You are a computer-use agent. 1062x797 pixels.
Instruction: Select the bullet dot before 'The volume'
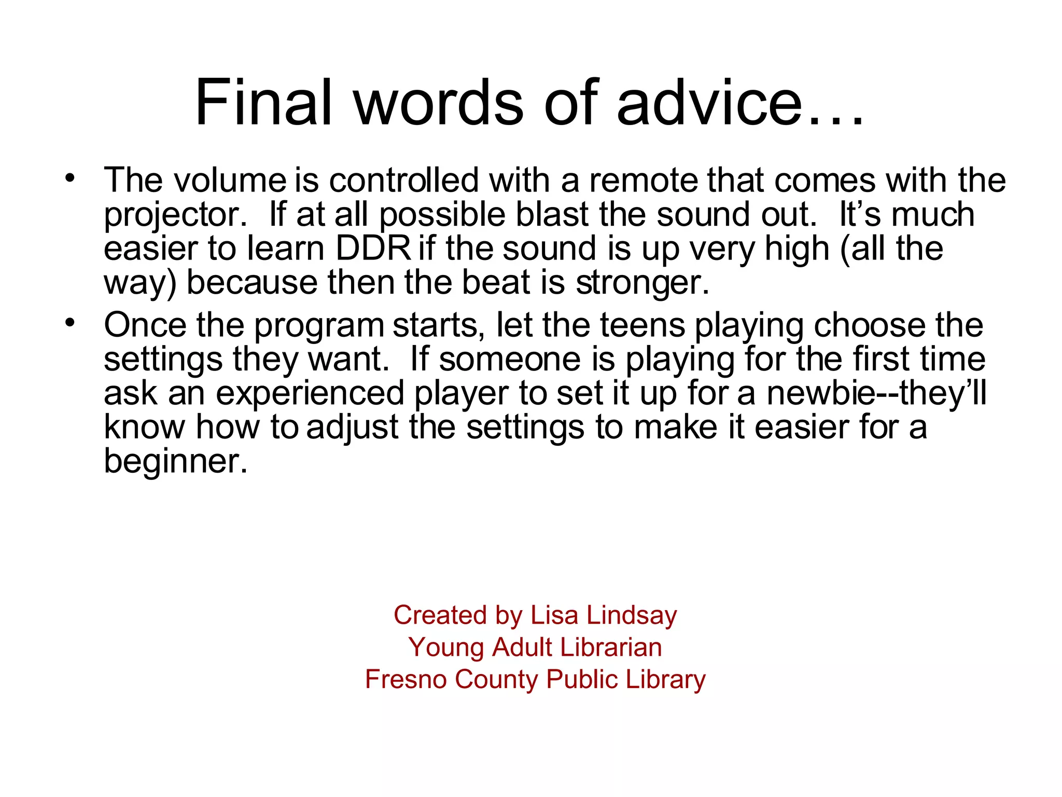pyautogui.click(x=70, y=178)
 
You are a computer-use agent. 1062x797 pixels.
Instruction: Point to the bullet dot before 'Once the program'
pyautogui.click(x=70, y=323)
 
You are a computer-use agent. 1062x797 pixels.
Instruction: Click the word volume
pyautogui.click(x=229, y=181)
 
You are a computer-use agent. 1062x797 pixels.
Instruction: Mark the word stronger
pyautogui.click(x=642, y=283)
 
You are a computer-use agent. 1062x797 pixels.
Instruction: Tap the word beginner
pyautogui.click(x=175, y=461)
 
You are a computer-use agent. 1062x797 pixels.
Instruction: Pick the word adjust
pyautogui.click(x=353, y=428)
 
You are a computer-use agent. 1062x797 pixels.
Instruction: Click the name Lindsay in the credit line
pyautogui.click(x=632, y=615)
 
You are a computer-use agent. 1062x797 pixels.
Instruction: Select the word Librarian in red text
pyautogui.click(x=611, y=647)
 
